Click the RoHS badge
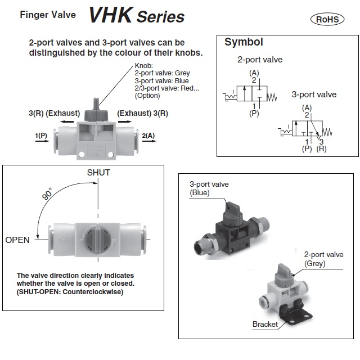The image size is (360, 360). [x=327, y=19]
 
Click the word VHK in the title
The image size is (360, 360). [x=111, y=16]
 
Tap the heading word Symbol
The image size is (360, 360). [x=244, y=42]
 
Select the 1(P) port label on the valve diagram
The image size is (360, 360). [x=40, y=136]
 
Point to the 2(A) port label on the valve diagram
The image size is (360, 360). [x=149, y=136]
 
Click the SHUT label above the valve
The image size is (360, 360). [x=98, y=172]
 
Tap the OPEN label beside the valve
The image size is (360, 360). [x=17, y=240]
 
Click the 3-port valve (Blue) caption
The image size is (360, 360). [x=209, y=188]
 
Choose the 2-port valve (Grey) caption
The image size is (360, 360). [x=323, y=259]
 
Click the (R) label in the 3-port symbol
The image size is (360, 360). [x=321, y=148]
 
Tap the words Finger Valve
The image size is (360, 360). [x=48, y=15]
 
